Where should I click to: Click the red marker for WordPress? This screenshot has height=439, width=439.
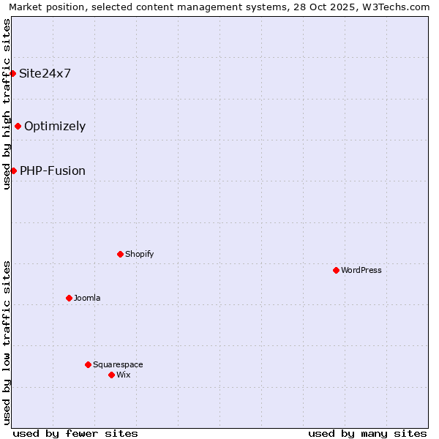(x=336, y=270)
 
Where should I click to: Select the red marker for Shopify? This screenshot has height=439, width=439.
(x=120, y=254)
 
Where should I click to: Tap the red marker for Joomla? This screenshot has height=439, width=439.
(x=69, y=298)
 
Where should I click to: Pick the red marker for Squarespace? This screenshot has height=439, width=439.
(x=88, y=364)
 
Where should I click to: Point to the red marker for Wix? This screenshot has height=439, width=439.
(x=111, y=375)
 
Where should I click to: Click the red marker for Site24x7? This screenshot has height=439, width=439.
(x=12, y=73)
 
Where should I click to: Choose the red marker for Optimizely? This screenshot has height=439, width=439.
(x=18, y=126)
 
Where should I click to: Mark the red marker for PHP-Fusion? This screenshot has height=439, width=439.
(x=13, y=170)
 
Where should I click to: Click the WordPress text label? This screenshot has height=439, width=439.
(x=361, y=270)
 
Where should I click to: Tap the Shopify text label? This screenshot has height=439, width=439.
(x=139, y=254)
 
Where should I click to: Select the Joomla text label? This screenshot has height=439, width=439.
(x=87, y=298)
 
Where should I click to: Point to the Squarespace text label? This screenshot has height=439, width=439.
(x=118, y=364)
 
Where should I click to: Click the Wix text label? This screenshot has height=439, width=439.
(x=123, y=375)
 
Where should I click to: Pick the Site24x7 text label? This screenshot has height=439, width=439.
(x=45, y=73)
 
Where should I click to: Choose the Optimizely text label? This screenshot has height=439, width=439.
(x=55, y=126)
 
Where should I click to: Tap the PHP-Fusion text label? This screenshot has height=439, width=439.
(x=53, y=170)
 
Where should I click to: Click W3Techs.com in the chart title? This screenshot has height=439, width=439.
(x=397, y=7)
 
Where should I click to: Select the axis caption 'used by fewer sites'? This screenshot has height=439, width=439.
(x=75, y=433)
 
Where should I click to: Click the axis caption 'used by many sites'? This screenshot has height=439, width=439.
(x=367, y=433)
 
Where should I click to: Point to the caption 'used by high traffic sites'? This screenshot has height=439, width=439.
(x=7, y=104)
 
